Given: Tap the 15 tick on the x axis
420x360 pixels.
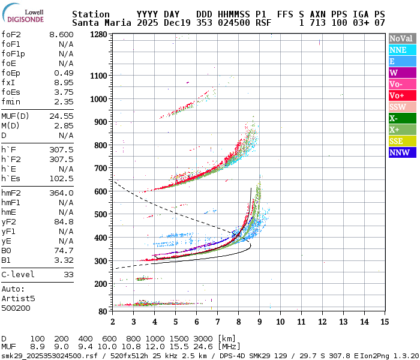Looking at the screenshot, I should (384, 322).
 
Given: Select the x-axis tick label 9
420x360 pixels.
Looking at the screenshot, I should (259, 322).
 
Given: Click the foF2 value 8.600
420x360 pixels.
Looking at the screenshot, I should (61, 35).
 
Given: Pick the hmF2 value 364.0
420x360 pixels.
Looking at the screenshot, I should (61, 193).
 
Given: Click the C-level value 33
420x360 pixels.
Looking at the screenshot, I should (68, 274).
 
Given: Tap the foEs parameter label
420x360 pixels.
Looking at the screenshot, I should (11, 92).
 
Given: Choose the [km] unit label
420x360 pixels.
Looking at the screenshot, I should (227, 339).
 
